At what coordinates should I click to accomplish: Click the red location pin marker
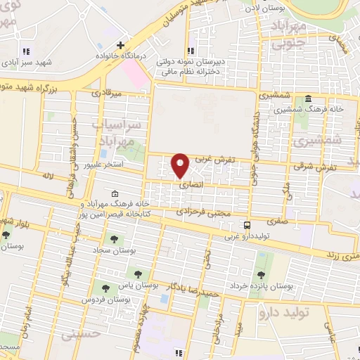pyautogui.click(x=180, y=165)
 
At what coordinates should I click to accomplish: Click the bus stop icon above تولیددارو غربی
pyautogui.click(x=247, y=225)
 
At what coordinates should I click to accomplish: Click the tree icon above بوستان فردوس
pyautogui.click(x=105, y=288)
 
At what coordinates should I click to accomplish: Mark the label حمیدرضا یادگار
pyautogui.click(x=193, y=289)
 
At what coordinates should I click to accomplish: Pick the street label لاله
pyautogui.click(x=48, y=174)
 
